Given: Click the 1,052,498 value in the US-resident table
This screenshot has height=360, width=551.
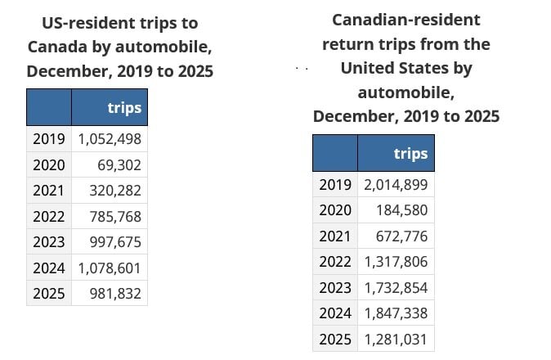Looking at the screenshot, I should pyautogui.click(x=110, y=139).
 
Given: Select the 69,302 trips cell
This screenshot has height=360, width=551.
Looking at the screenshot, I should pyautogui.click(x=120, y=164).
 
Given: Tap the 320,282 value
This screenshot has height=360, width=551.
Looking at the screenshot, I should pyautogui.click(x=116, y=191).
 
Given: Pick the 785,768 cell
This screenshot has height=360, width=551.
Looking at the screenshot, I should pyautogui.click(x=116, y=216).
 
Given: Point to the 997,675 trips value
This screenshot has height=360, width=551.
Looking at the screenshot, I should pyautogui.click(x=116, y=242).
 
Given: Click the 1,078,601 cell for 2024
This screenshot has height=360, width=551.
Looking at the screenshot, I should pyautogui.click(x=110, y=268).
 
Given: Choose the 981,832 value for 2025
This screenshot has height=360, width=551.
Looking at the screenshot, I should pyautogui.click(x=116, y=293).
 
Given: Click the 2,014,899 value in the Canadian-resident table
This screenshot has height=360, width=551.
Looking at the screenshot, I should pyautogui.click(x=396, y=185).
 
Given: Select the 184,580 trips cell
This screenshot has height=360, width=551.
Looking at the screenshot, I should pyautogui.click(x=402, y=210).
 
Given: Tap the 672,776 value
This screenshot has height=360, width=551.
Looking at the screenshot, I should pyautogui.click(x=402, y=236).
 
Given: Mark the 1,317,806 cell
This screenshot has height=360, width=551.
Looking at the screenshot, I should pyautogui.click(x=396, y=262).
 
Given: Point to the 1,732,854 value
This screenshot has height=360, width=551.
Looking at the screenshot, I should pyautogui.click(x=396, y=287).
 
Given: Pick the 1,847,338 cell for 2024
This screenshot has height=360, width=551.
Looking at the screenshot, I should pyautogui.click(x=396, y=313).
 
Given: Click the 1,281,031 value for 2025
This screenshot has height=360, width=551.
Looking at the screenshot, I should pyautogui.click(x=396, y=339).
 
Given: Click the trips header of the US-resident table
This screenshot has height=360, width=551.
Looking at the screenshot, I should pyautogui.click(x=124, y=108).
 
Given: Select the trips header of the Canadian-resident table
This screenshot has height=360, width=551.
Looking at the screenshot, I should pyautogui.click(x=410, y=154).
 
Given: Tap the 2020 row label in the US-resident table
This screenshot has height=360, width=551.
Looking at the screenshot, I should pyautogui.click(x=49, y=164).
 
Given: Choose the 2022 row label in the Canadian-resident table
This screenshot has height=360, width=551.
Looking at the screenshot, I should pyautogui.click(x=335, y=262).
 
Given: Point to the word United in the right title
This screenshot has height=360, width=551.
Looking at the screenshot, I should pyautogui.click(x=368, y=67).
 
